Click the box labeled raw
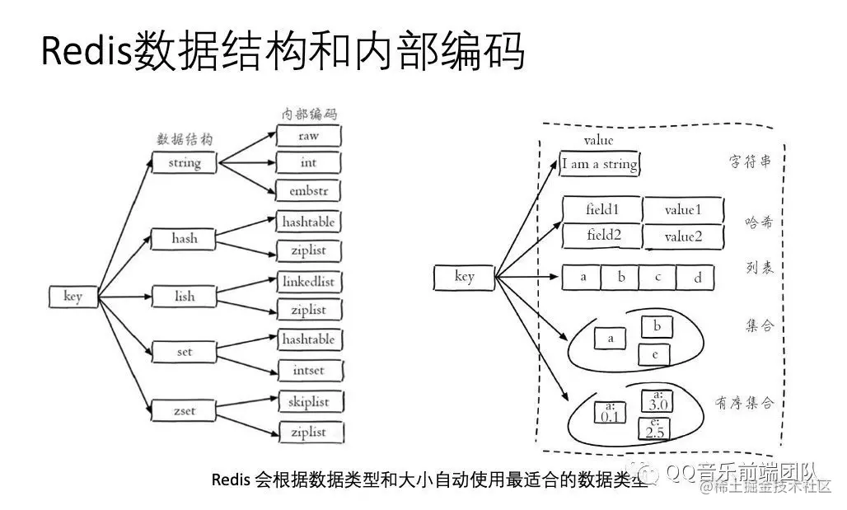coord(309,135)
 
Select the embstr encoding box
coord(309,190)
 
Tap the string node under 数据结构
coord(185,162)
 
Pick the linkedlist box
coord(309,282)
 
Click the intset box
coord(309,370)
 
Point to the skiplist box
coord(309,401)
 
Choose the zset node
coord(185,409)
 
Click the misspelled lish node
coord(185,295)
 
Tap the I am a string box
coord(600,164)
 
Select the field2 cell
coord(601,236)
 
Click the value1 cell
coord(683,210)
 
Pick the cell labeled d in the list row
coord(697,278)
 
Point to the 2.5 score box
coord(655,428)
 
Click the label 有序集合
coord(745,402)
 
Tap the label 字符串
coord(751,161)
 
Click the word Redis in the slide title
coord(79,53)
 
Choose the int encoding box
coord(309,162)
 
